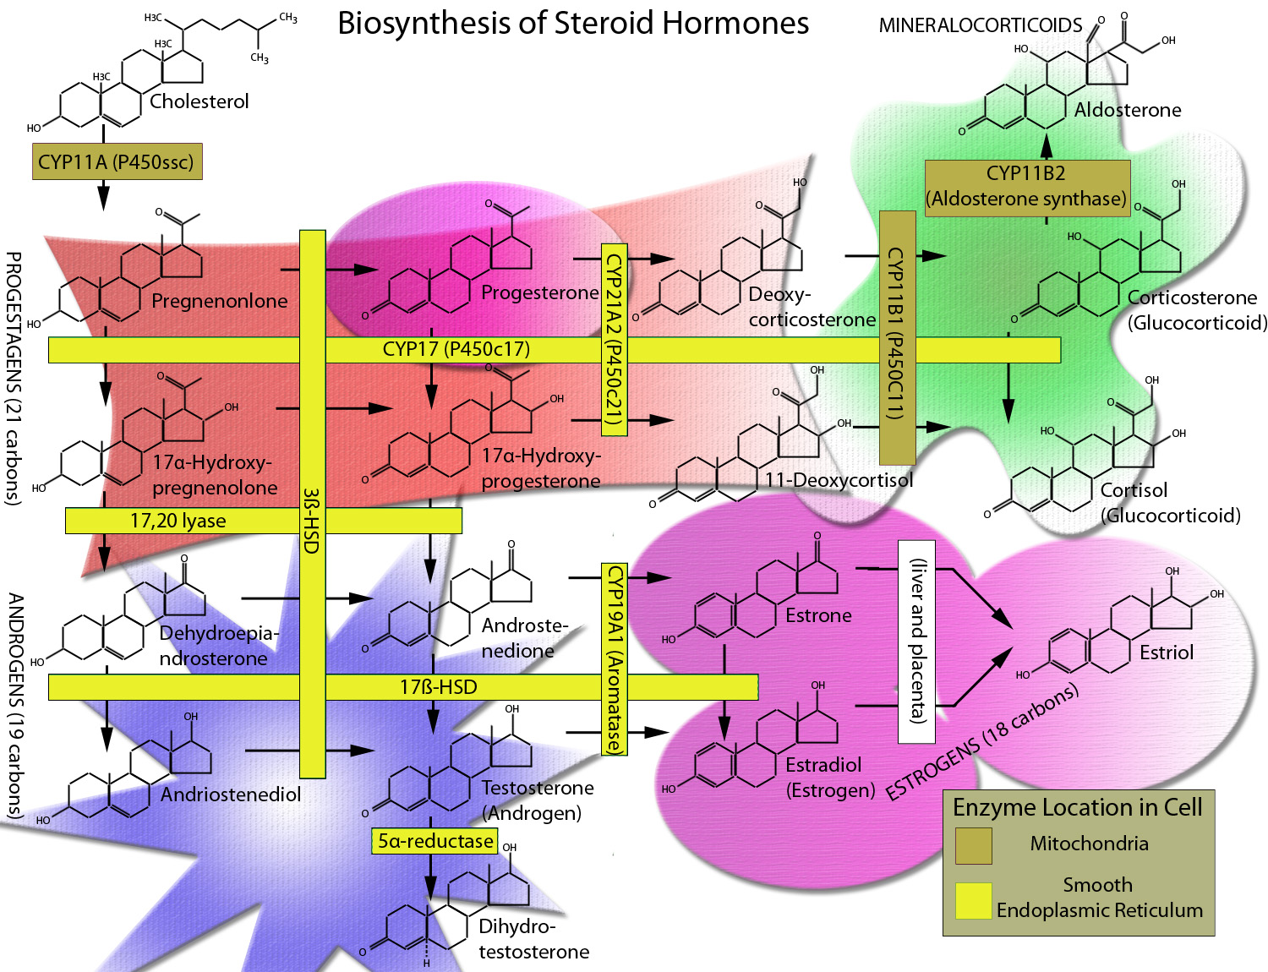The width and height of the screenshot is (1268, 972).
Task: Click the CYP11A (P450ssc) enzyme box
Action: coord(117,161)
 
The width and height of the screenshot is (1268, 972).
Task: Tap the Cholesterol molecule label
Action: coord(199,101)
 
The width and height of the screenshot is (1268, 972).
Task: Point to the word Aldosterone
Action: coord(1128,110)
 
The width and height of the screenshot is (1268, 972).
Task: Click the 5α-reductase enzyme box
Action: coord(435,841)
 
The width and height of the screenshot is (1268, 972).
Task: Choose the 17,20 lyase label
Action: coord(178,521)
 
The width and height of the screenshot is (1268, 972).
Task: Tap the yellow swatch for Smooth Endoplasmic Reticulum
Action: coord(973,901)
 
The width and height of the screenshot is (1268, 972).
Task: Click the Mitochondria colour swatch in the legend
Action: coord(973,845)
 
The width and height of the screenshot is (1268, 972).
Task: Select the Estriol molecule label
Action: coord(1167,652)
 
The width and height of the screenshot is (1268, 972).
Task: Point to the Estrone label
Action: coord(818,615)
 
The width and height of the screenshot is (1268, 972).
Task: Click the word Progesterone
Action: coord(540,292)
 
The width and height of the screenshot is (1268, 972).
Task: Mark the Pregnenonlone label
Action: coord(220,301)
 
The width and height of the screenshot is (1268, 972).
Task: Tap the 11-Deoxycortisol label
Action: coord(839,479)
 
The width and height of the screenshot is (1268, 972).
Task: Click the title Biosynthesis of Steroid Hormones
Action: coord(573,24)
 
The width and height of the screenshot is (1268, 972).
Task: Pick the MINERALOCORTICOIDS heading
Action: coord(981,25)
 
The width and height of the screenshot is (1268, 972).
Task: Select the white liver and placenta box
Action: coord(916,642)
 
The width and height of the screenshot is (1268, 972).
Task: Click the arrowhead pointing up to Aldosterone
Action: coord(1047,146)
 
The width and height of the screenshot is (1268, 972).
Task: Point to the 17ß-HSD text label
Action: coord(438,686)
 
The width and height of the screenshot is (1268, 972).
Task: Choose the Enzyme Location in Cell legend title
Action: coord(1077,807)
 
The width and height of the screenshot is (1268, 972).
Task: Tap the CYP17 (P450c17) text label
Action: coord(456,349)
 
